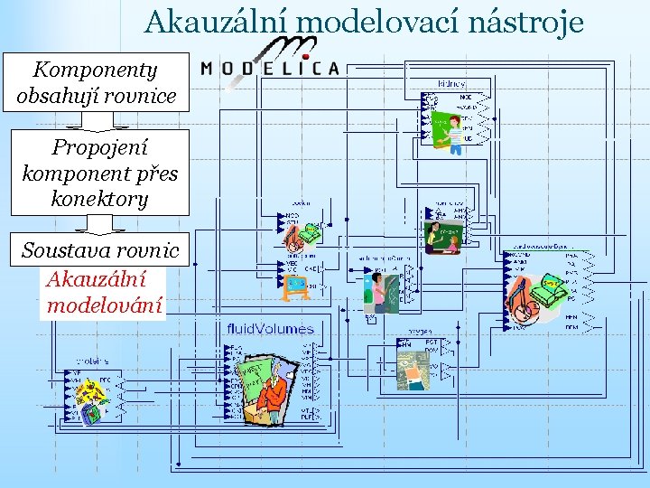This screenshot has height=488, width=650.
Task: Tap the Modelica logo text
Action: pos(270,68)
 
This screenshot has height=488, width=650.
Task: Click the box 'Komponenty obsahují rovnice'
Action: pos(96,82)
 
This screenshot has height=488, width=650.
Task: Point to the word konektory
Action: pos(99,199)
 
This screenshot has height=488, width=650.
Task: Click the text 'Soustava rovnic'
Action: pos(100,250)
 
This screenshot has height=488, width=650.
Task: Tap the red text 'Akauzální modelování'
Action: pos(104,292)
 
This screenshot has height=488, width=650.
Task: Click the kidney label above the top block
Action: pos(451,84)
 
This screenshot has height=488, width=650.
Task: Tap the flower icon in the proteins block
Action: pos(89,392)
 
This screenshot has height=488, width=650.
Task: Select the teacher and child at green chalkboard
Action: pos(444,238)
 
